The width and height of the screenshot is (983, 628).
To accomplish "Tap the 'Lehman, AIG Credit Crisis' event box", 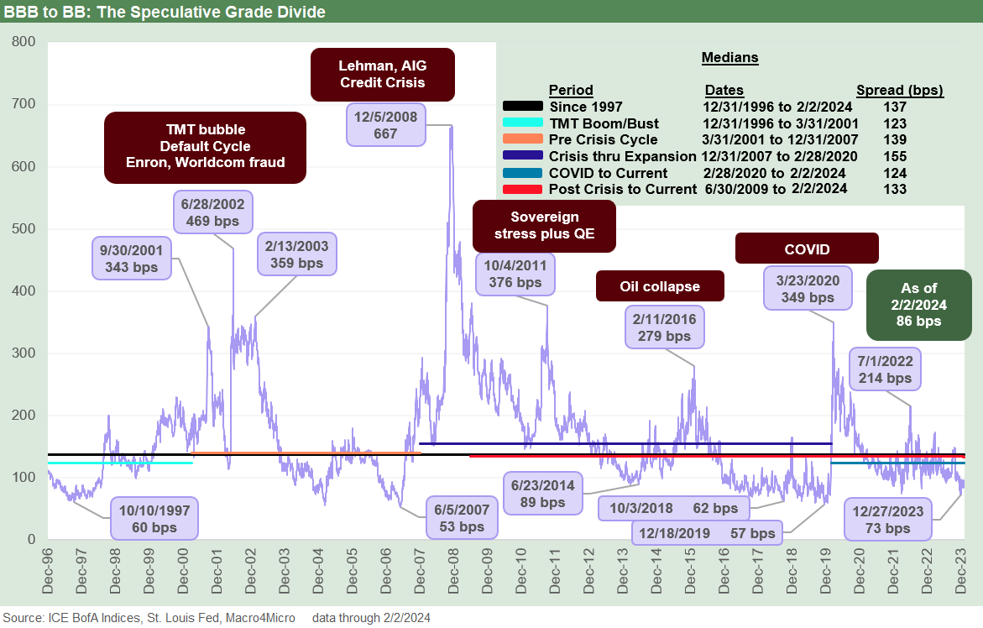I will tap(382, 73).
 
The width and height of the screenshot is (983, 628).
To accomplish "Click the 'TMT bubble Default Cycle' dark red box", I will tap(205, 147).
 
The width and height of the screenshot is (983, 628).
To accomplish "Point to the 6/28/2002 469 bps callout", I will tap(204, 213).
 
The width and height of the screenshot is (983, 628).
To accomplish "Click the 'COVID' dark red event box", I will tap(807, 249).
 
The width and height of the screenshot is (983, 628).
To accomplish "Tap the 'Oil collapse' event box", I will tap(659, 286).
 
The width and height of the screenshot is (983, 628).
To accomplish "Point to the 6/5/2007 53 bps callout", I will tap(459, 518).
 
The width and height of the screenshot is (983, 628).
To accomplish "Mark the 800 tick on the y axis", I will tap(24, 42).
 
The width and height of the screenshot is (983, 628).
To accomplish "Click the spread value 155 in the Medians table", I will tap(895, 156).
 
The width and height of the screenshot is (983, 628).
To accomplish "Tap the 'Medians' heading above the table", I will tap(729, 58).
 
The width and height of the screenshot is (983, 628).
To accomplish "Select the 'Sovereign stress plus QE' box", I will tap(543, 225).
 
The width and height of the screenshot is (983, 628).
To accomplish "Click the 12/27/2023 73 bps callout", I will tap(886, 520).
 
